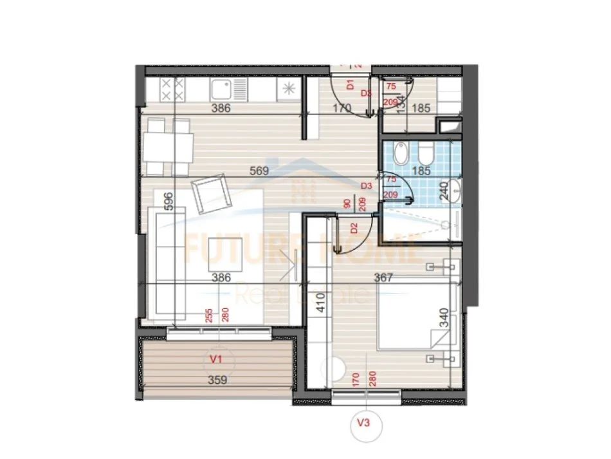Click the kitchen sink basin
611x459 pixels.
[222, 89]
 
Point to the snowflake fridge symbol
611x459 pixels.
[287, 89]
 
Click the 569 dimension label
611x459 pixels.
[259, 171]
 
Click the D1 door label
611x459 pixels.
[351, 84]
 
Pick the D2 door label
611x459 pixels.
[354, 227]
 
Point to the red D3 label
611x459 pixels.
[367, 185]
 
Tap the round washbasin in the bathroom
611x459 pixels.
[456, 190]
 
